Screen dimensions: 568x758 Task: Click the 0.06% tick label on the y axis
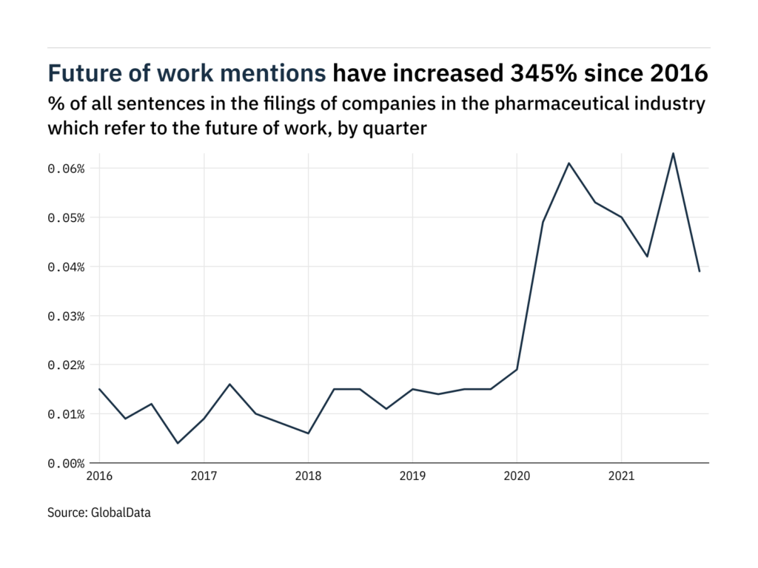click(x=66, y=169)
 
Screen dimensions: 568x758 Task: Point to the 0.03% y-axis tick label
click(x=66, y=316)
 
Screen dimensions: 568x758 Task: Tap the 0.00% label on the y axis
click(x=66, y=463)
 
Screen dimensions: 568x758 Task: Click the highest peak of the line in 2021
click(x=673, y=153)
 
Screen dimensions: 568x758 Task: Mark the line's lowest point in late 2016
click(x=178, y=443)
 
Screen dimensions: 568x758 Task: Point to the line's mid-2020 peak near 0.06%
click(x=568, y=163)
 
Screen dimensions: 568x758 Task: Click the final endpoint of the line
click(x=699, y=271)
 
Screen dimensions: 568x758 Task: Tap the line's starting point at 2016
click(x=100, y=389)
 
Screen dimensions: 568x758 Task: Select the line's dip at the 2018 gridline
click(x=308, y=433)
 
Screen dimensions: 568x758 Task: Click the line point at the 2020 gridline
click(x=517, y=369)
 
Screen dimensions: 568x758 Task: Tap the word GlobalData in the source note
click(x=121, y=512)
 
